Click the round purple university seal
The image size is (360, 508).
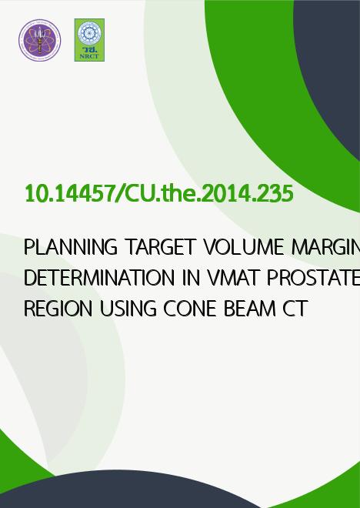(39, 40)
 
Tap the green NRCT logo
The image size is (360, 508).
(89, 40)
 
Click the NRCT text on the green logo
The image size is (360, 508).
(89, 56)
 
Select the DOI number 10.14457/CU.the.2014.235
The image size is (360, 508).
(159, 194)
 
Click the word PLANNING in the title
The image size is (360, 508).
(71, 247)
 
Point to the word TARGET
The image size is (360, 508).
(161, 247)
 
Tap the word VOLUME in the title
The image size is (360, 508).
(244, 247)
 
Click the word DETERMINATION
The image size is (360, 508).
(99, 278)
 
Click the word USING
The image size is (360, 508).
(128, 309)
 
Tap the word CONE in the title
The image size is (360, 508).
(190, 309)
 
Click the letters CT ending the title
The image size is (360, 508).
(295, 309)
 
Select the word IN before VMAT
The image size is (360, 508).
(191, 278)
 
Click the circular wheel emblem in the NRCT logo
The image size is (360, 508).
(89, 33)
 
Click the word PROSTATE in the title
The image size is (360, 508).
(313, 278)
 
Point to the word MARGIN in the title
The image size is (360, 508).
(325, 247)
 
